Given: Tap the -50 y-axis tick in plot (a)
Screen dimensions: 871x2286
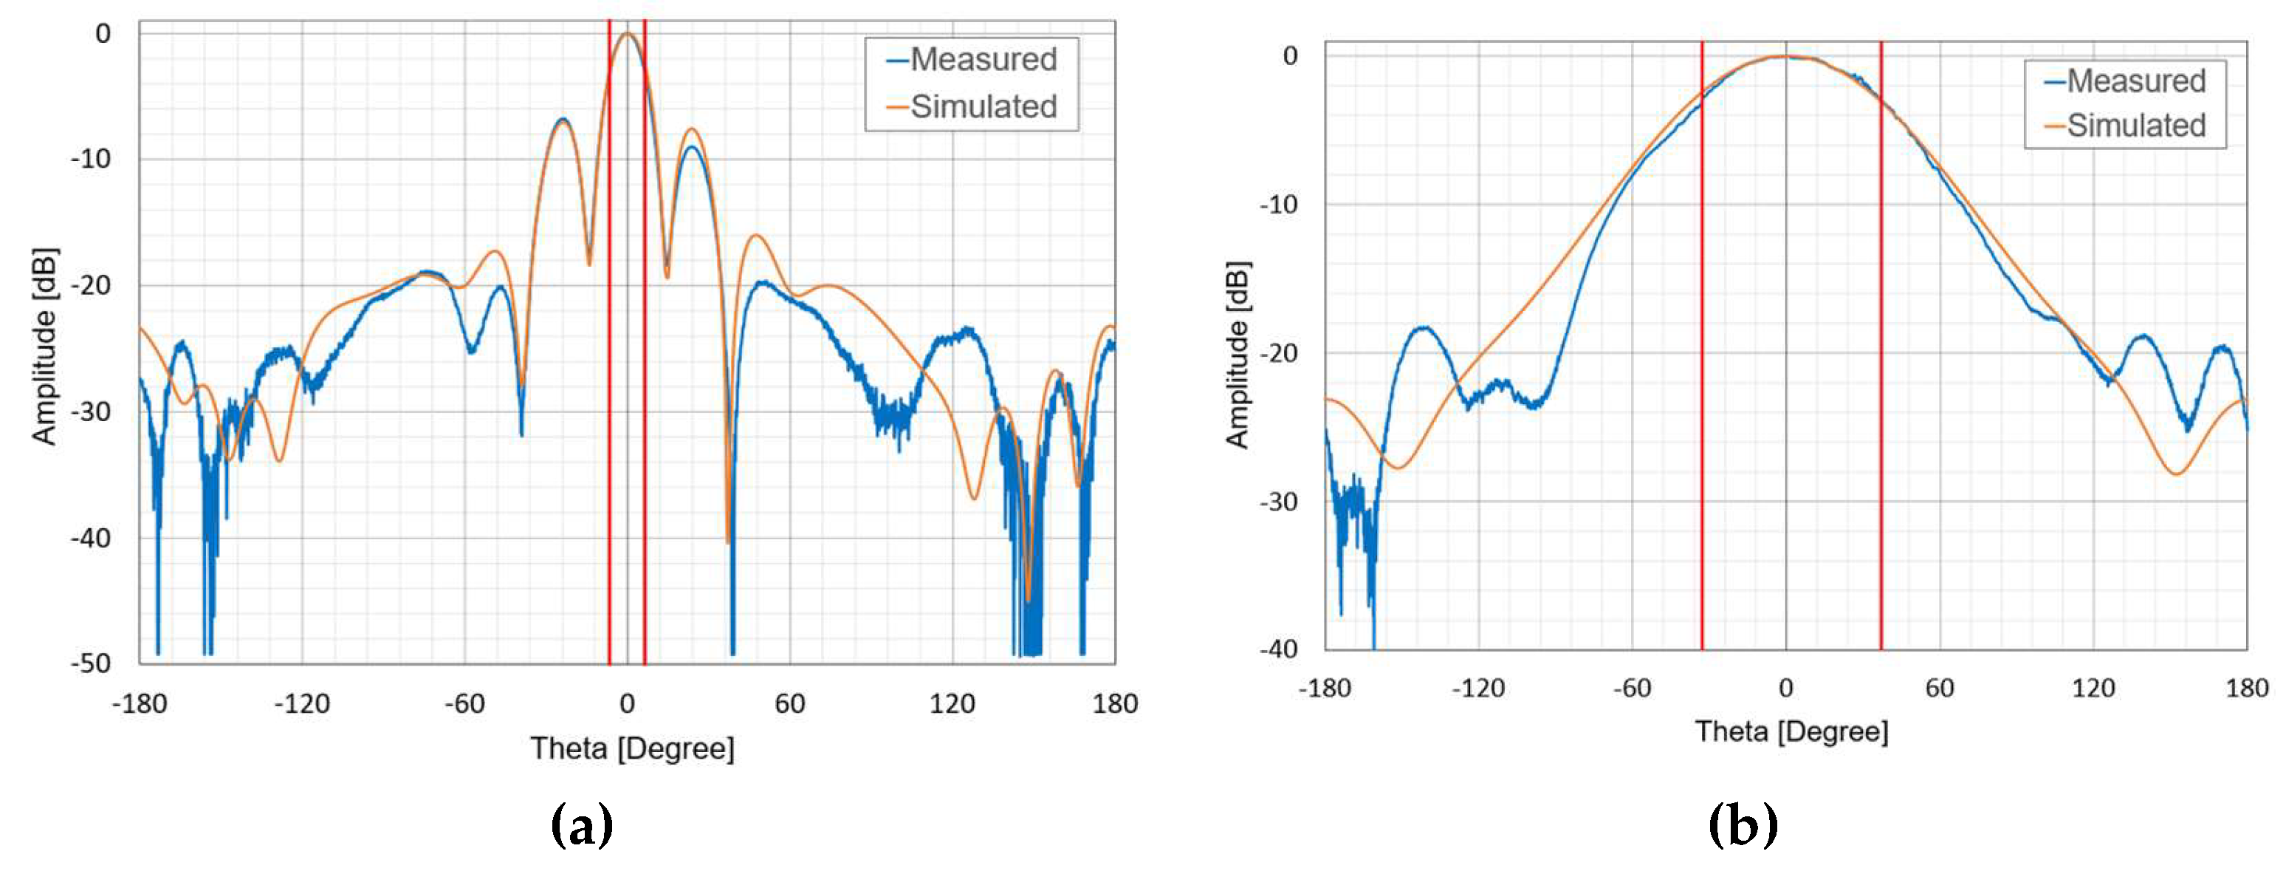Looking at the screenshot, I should pyautogui.click(x=92, y=663).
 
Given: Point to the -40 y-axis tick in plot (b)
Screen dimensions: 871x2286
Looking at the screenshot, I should pyautogui.click(x=1278, y=649).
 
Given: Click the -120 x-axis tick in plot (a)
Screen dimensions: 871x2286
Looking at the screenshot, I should pyautogui.click(x=302, y=704).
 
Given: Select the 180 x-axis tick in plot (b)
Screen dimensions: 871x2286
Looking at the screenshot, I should pyautogui.click(x=2247, y=688).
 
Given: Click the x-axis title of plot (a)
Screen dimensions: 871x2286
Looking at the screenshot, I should pyautogui.click(x=633, y=748).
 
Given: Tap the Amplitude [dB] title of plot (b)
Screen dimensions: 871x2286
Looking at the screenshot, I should pyautogui.click(x=1238, y=355).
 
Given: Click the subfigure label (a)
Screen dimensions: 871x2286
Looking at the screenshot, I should pyautogui.click(x=582, y=826).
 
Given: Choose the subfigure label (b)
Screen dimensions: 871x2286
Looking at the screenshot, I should pyautogui.click(x=1743, y=826).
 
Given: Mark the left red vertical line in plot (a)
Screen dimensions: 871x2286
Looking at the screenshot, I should pyautogui.click(x=610, y=355).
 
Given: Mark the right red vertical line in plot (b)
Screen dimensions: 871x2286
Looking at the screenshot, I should pyautogui.click(x=1881, y=355).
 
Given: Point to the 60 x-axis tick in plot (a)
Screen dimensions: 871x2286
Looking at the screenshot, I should pyautogui.click(x=790, y=704).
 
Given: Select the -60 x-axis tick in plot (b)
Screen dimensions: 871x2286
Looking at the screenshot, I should pyautogui.click(x=1632, y=688).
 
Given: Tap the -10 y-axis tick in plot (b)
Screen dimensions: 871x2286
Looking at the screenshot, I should pyautogui.click(x=1278, y=204).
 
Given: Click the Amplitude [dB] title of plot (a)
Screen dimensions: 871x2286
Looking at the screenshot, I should pyautogui.click(x=44, y=346).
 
